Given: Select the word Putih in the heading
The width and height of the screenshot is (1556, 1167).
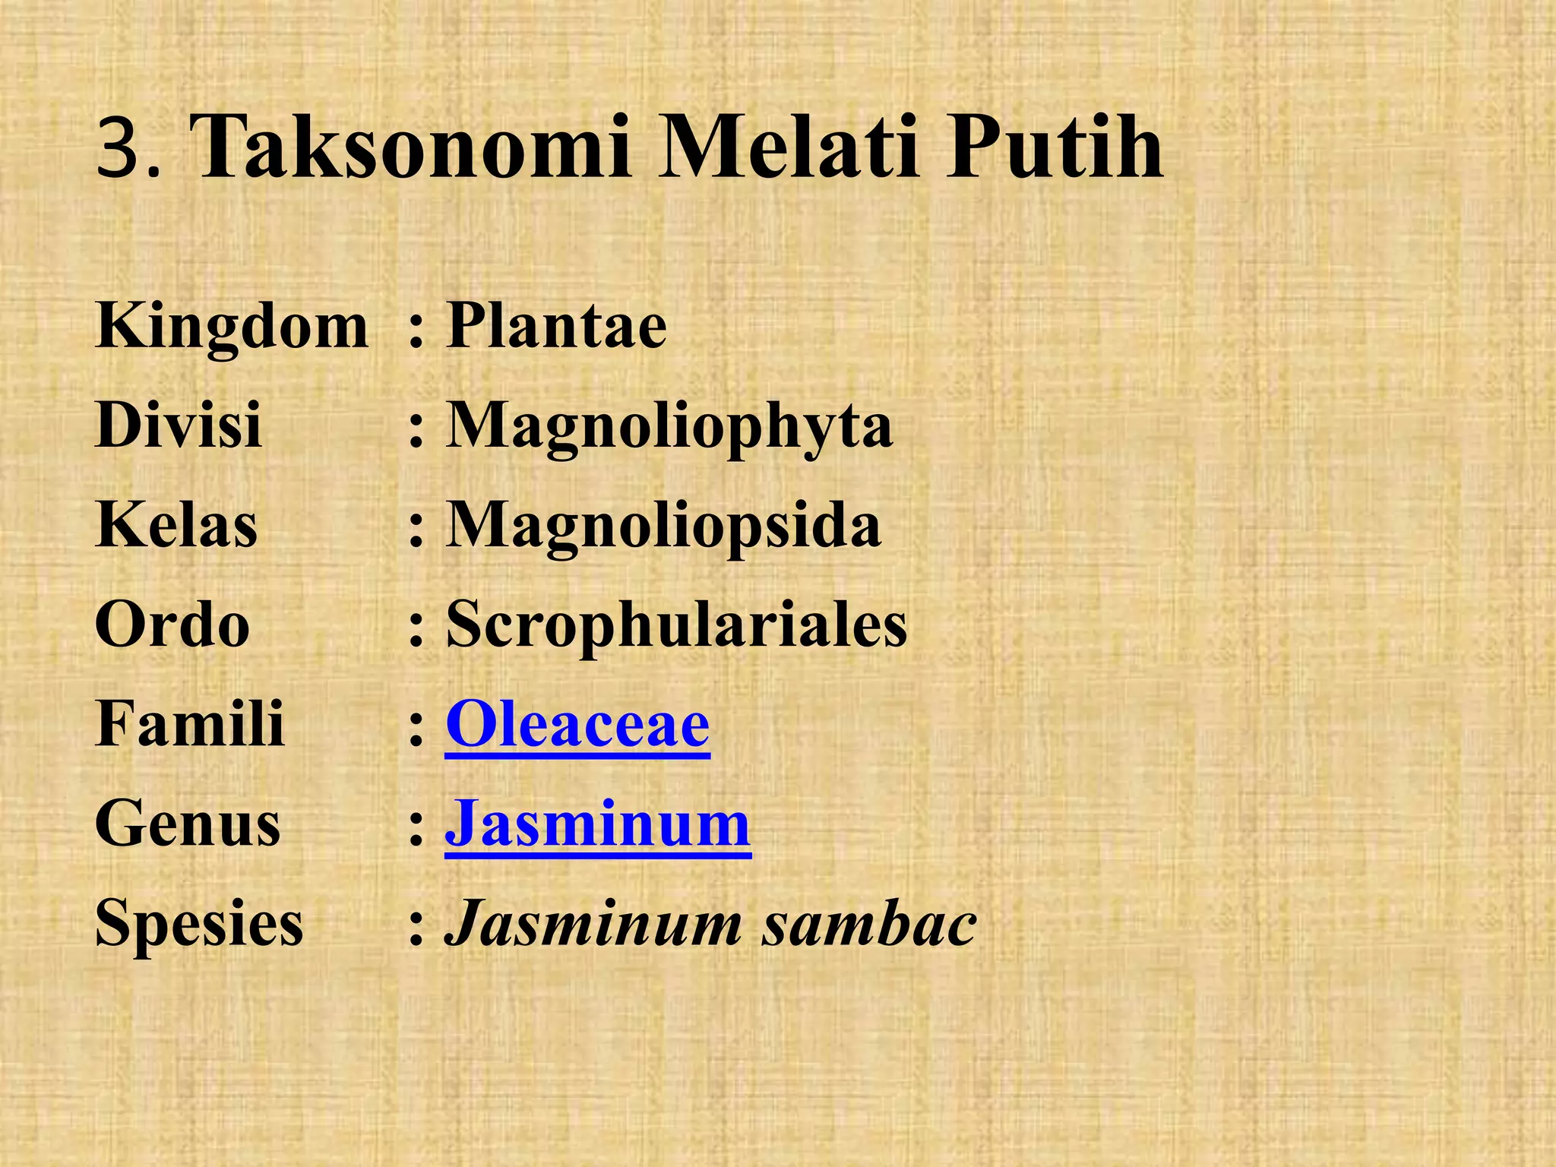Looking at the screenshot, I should [1054, 147].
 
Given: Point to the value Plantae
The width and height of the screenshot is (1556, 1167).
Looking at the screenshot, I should [556, 327].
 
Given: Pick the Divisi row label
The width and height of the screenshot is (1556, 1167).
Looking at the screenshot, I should [179, 425].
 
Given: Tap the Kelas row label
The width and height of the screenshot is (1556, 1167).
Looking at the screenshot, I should [176, 525].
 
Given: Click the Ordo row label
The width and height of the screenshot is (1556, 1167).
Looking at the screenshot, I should [172, 625].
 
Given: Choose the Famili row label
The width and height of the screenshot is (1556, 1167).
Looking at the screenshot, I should [190, 724].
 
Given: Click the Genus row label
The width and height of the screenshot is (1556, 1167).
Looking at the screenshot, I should [188, 824].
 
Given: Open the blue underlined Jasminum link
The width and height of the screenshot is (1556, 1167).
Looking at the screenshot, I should [598, 824].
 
